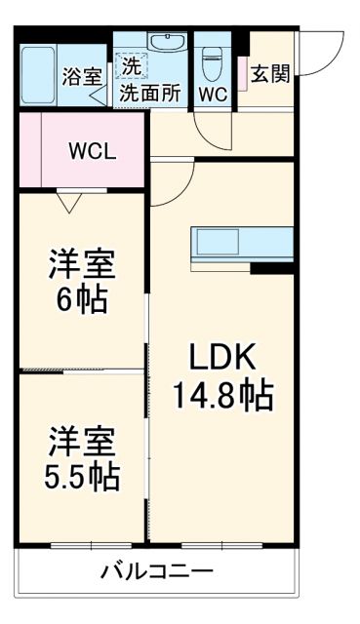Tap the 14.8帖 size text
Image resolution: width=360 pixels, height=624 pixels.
222,397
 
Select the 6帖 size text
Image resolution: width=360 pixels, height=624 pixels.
82,296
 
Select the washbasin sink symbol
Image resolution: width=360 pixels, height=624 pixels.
167,43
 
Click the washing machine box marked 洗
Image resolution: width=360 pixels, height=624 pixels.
129,66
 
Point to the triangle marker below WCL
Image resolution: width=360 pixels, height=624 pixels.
68,202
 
